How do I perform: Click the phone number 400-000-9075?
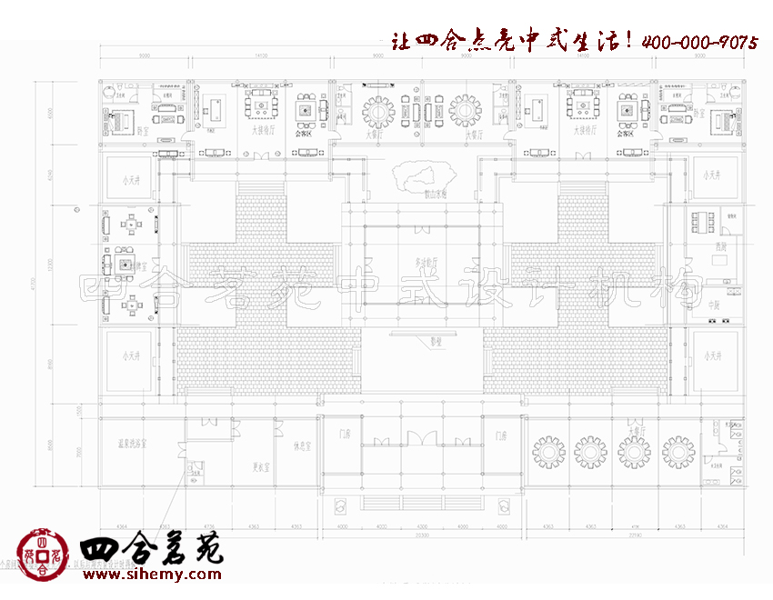click(x=700, y=42)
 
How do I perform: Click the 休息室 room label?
click(x=303, y=445)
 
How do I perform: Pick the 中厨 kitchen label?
click(x=714, y=306)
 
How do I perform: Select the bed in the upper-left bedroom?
click(x=121, y=120)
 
